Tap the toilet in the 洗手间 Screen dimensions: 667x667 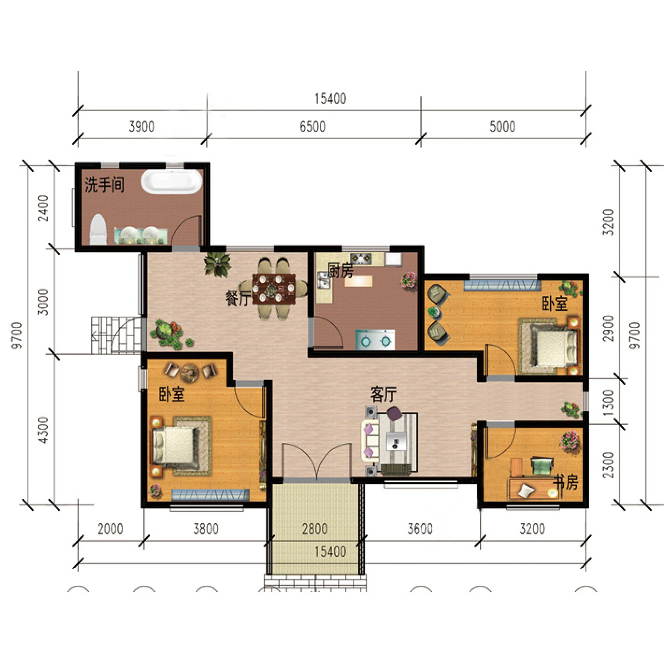click(98, 229)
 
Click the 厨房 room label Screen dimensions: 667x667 click(340, 271)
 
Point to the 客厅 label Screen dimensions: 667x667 click(383, 394)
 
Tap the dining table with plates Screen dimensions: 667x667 click(274, 289)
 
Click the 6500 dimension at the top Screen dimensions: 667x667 click(312, 127)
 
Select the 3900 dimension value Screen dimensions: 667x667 click(141, 127)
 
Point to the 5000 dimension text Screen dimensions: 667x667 click(502, 127)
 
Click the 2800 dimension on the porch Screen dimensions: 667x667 click(315, 529)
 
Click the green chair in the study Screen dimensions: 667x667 click(542, 465)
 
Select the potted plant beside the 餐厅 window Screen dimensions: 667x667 click(217, 265)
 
